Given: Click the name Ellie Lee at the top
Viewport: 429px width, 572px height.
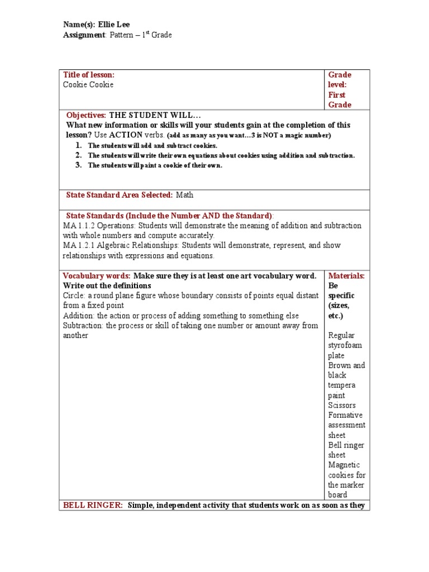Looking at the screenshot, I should click(114, 25).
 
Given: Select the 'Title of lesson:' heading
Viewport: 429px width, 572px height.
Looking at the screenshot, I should click(89, 75).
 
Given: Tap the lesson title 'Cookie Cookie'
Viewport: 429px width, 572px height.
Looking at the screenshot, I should click(88, 85).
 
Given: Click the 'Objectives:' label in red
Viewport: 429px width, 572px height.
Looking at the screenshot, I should click(86, 115).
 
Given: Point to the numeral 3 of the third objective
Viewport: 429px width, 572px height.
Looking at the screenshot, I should click(79, 165).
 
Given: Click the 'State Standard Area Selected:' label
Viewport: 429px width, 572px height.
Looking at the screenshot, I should click(119, 195).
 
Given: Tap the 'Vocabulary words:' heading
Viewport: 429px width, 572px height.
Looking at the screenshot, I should click(96, 276).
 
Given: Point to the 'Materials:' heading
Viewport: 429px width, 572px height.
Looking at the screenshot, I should click(346, 276).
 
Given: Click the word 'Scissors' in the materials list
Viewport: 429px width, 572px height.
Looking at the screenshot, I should click(342, 406).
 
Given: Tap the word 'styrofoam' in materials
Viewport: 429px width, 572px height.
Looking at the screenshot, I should click(345, 346).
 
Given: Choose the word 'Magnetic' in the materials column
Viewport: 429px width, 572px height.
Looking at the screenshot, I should click(344, 465).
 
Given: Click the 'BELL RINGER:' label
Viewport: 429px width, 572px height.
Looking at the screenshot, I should click(93, 506).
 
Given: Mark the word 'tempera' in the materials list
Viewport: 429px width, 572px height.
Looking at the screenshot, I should click(342, 385).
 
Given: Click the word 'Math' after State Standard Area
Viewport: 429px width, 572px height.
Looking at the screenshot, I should click(184, 195).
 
